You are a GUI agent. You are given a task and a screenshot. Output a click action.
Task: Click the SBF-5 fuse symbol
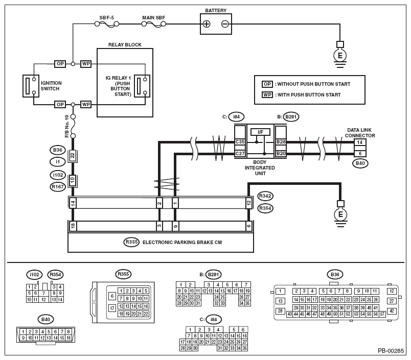(106, 24)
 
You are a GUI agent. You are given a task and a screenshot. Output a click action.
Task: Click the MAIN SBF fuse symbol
(153, 24)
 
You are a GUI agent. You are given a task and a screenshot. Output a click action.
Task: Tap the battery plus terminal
(207, 24)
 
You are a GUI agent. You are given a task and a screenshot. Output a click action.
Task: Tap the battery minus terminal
(225, 24)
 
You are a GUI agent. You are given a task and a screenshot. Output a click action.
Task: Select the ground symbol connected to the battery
(340, 55)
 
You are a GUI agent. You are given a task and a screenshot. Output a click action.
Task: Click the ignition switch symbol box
(31, 86)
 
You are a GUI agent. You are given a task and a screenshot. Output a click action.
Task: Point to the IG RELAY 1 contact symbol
(142, 86)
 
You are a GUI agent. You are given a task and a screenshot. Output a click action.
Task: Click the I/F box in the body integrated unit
(260, 132)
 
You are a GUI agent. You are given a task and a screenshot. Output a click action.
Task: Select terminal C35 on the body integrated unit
(240, 142)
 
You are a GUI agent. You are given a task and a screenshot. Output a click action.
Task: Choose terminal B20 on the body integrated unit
(281, 153)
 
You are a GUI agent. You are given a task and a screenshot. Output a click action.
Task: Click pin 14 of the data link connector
(360, 142)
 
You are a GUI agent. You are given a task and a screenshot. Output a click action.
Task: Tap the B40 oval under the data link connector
(360, 163)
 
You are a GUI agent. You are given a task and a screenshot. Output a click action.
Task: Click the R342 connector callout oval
(265, 196)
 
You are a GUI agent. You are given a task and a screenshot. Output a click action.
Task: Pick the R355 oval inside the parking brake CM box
(131, 242)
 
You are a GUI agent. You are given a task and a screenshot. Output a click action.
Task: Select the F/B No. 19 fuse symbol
(73, 126)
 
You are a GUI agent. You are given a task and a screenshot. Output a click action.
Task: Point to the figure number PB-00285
(391, 351)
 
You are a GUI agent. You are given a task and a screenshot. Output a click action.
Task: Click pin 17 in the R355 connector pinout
(112, 308)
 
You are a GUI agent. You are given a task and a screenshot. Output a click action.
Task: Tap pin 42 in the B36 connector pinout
(392, 311)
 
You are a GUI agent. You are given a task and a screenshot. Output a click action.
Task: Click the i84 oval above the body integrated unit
(236, 117)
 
